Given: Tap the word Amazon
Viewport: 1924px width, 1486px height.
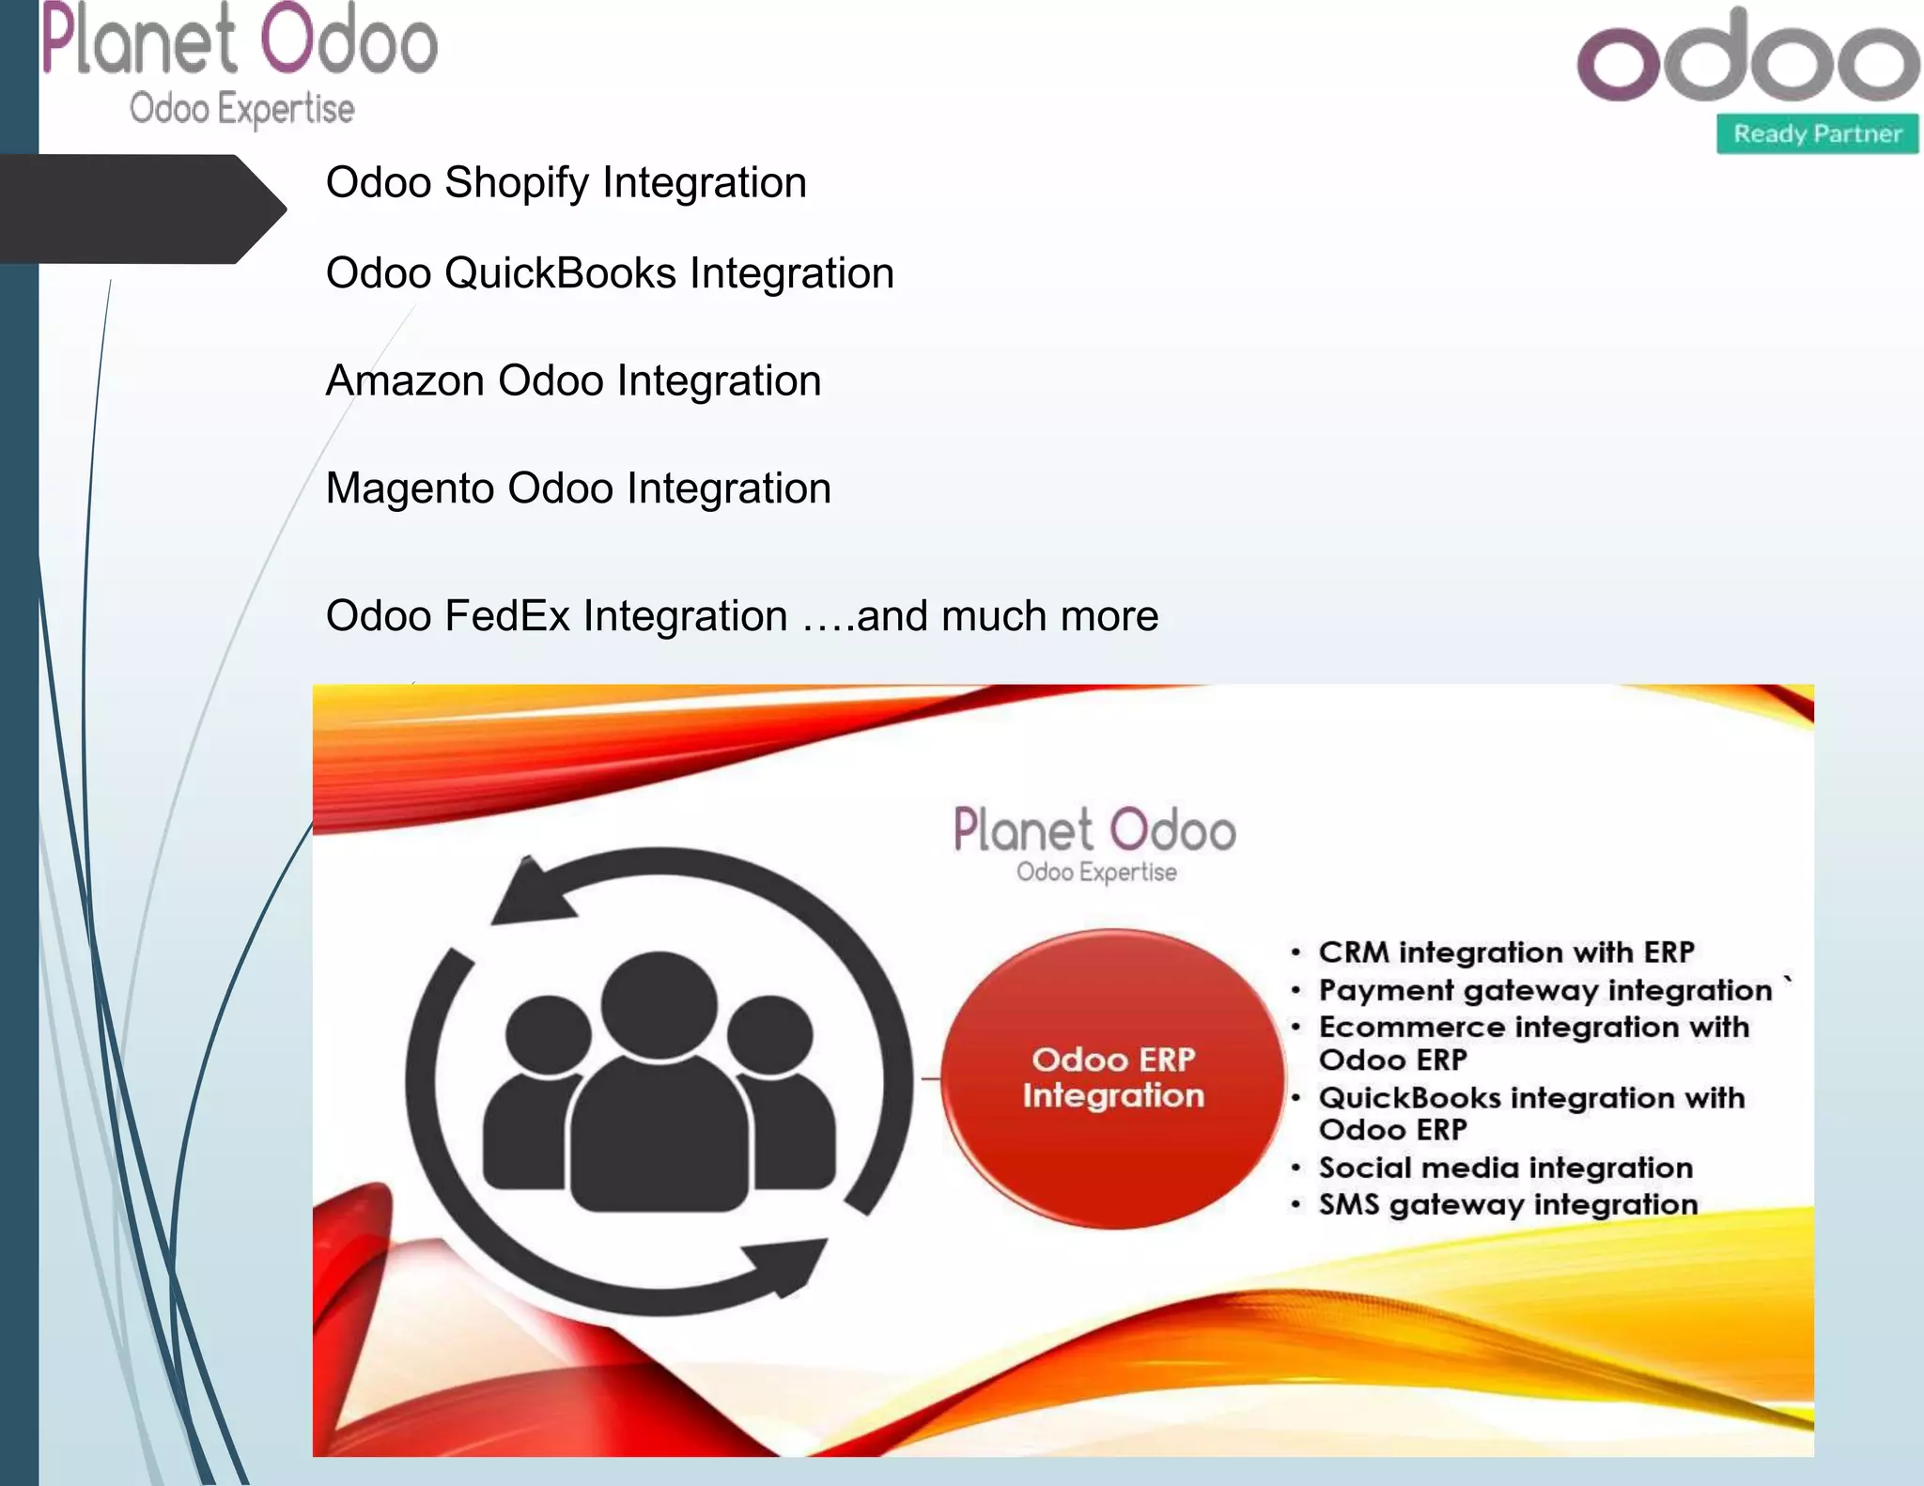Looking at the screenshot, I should tap(406, 380).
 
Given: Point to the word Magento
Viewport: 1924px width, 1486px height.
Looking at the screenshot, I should tap(410, 488).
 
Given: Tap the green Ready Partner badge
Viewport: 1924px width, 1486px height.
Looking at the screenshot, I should tap(1817, 133).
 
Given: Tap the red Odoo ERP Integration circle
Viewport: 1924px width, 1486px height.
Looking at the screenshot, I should tap(1113, 1077).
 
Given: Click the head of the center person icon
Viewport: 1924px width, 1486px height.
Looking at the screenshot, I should tap(659, 1004).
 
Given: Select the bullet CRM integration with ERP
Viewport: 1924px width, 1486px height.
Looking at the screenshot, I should tap(1506, 952).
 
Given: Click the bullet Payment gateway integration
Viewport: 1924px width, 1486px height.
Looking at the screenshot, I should tap(1544, 990).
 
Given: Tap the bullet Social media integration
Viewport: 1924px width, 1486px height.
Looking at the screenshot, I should tap(1505, 1168).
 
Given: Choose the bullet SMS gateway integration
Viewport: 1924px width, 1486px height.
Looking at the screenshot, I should tap(1508, 1204).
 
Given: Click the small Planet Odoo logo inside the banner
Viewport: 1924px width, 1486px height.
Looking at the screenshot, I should tap(1094, 842).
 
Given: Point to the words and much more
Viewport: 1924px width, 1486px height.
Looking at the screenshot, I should tap(1007, 616).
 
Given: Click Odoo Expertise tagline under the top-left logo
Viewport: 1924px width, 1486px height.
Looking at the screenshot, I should tap(241, 109).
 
